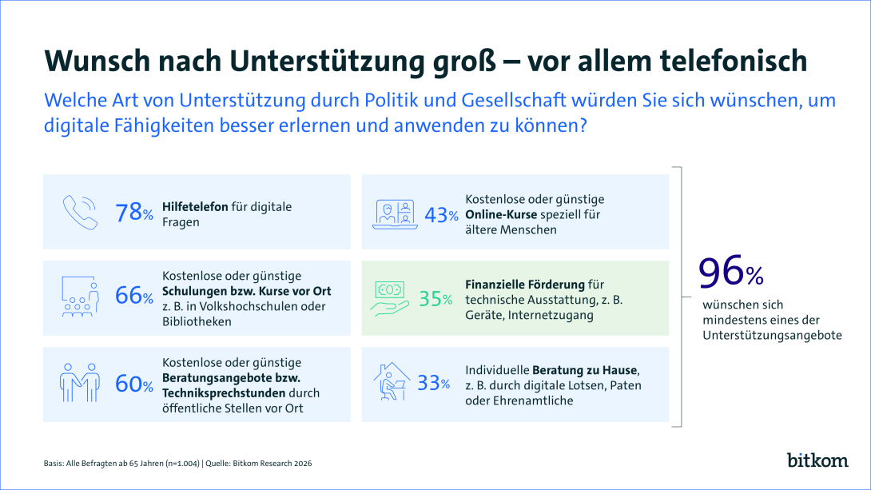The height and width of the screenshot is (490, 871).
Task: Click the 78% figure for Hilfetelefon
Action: click(x=133, y=213)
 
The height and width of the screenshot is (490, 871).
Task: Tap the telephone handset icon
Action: click(x=80, y=212)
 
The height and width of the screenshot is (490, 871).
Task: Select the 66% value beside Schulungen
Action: click(x=133, y=296)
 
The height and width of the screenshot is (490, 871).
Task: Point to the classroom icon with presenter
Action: click(x=80, y=296)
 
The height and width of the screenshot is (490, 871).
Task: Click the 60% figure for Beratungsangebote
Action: click(x=133, y=384)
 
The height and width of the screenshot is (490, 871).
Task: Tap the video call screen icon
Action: click(x=397, y=213)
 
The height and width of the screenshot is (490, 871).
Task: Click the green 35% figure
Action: click(x=435, y=299)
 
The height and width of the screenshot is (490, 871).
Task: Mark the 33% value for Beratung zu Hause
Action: click(x=434, y=384)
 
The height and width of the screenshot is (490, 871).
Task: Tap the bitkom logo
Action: click(x=816, y=460)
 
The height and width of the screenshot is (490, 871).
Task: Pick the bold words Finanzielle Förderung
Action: click(x=524, y=284)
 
